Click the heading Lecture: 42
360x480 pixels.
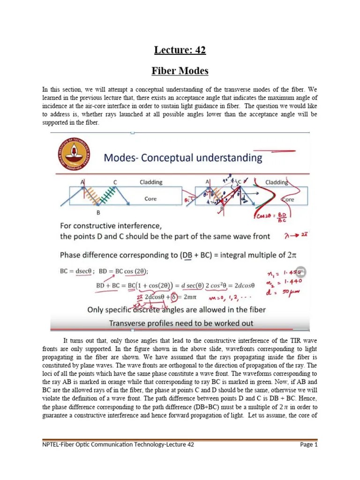pos(180,50)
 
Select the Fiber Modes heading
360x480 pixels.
pos(180,71)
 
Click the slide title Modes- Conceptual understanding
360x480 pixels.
pos(183,157)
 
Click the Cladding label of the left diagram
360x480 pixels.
pos(151,182)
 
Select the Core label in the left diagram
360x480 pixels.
pos(150,199)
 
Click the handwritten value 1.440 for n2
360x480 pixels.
pos(291,282)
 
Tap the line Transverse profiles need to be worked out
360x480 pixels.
pos(181,323)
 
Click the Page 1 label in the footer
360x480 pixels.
pos(309,444)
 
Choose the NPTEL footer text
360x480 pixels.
pos(117,444)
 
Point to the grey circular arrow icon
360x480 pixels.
pos(301,271)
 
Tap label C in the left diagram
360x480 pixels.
pos(115,182)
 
